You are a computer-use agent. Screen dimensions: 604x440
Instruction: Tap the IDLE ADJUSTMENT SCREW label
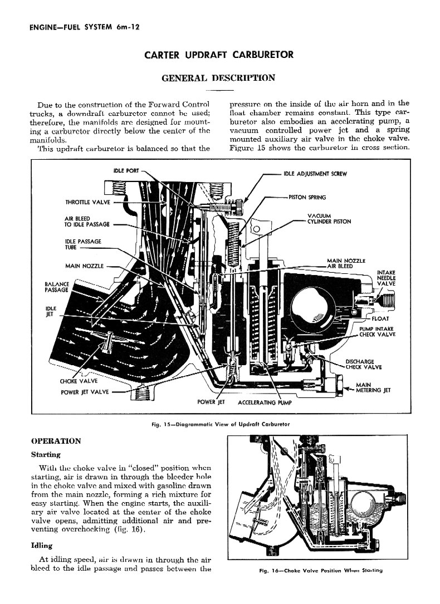(x=315, y=174)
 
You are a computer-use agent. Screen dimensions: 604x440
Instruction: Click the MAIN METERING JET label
(x=373, y=387)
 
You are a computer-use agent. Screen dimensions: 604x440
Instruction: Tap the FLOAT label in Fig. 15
(x=381, y=318)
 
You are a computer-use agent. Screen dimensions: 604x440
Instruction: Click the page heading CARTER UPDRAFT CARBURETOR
(x=219, y=55)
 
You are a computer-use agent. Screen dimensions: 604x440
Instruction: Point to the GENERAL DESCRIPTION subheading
(x=218, y=78)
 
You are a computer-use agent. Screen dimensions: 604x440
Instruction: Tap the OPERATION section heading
(x=56, y=441)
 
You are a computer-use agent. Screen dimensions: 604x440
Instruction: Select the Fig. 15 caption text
(x=220, y=424)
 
